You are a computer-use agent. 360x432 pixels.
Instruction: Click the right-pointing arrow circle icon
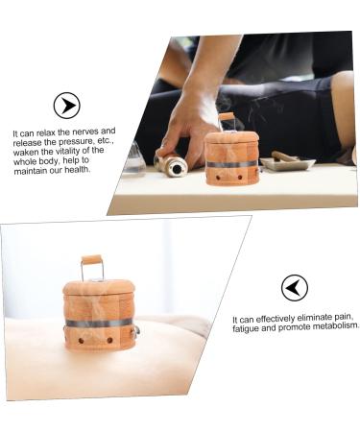pyautogui.click(x=66, y=106)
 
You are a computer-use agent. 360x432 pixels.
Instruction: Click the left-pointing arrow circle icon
pyautogui.click(x=294, y=287)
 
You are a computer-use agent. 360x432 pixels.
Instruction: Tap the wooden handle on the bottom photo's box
pyautogui.click(x=91, y=260)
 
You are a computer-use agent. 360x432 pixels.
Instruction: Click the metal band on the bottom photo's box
pyautogui.click(x=99, y=323)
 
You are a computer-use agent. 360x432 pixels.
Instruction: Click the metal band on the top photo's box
pyautogui.click(x=231, y=163)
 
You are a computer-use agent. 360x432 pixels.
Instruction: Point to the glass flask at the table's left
pyautogui.click(x=133, y=158)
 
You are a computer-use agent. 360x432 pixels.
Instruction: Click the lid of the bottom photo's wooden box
pyautogui.click(x=99, y=287)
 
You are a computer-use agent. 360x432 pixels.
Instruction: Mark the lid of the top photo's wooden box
pyautogui.click(x=231, y=137)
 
